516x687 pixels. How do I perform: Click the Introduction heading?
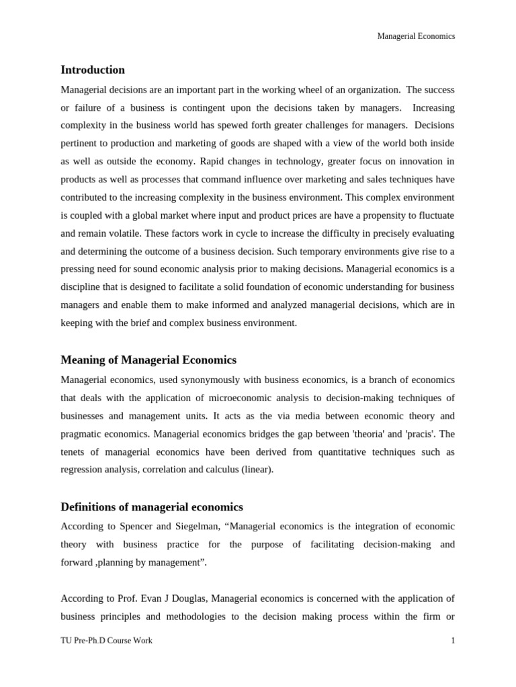tap(93, 70)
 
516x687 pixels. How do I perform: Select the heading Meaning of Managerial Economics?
tap(148, 360)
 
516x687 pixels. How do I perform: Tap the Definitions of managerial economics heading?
tap(152, 507)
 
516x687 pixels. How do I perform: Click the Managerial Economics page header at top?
tap(417, 36)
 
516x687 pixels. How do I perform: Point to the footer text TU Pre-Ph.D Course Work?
tap(106, 641)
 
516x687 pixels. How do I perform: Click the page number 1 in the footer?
tap(453, 641)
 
